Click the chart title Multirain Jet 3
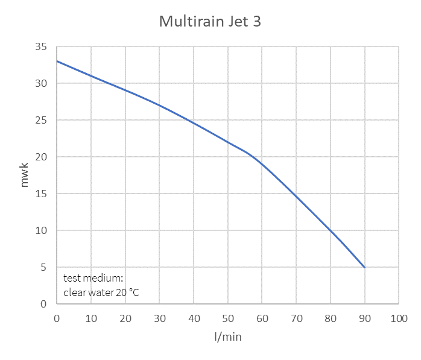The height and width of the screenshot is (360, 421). click(x=210, y=22)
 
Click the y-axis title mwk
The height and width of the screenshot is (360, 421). click(x=25, y=175)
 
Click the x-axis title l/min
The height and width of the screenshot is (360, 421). click(x=227, y=336)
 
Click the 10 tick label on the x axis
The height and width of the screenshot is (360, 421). click(x=90, y=317)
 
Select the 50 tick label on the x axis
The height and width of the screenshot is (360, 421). click(x=227, y=317)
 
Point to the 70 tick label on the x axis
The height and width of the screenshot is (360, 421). click(x=296, y=317)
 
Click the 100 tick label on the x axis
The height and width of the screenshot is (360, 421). click(x=398, y=317)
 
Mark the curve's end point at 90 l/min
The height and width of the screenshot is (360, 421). click(x=364, y=267)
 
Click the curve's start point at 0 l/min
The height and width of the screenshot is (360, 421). click(x=57, y=61)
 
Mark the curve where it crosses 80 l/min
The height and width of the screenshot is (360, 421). click(x=330, y=230)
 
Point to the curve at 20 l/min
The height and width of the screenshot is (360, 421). click(x=125, y=90)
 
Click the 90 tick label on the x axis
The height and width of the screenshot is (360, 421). click(x=364, y=317)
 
